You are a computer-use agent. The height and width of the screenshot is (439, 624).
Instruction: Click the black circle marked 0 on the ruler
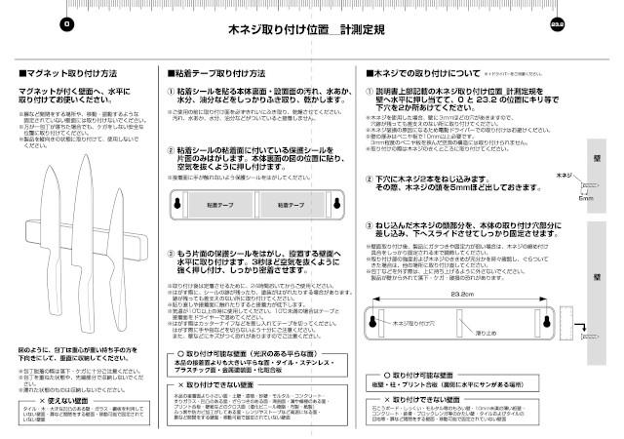(x=65, y=21)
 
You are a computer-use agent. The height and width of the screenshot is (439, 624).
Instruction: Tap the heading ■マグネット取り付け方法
(x=69, y=73)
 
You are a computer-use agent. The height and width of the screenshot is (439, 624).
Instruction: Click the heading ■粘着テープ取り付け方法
(x=216, y=73)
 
